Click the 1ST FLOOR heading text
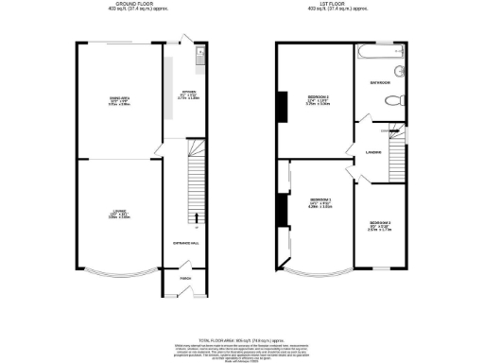[344, 5]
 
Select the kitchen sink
[199, 60]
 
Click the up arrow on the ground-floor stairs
[196, 224]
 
